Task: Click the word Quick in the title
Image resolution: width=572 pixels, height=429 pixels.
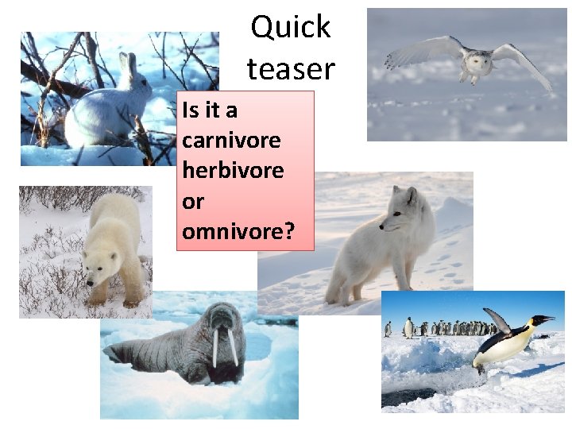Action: [291, 27]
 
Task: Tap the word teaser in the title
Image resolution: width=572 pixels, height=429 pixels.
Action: [291, 69]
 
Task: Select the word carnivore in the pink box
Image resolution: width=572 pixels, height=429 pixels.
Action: [231, 141]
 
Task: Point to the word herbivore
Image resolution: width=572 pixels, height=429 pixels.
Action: [233, 171]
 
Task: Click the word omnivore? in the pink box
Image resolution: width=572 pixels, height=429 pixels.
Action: [238, 232]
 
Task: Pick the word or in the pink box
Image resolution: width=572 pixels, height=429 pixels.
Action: [193, 202]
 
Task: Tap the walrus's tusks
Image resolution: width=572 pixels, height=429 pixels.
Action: [225, 348]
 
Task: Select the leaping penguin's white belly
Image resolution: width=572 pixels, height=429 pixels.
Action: [508, 346]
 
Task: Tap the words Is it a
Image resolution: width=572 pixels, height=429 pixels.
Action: [211, 110]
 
